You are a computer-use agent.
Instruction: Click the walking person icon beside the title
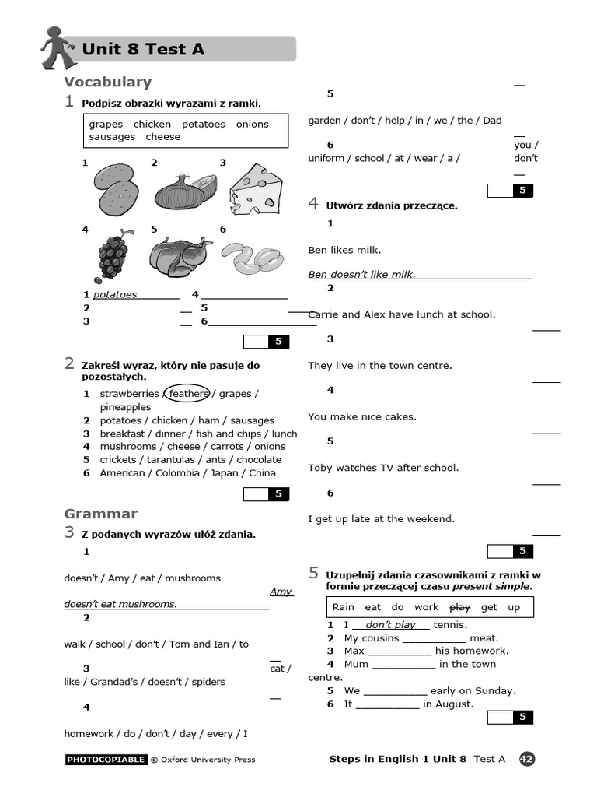[x=57, y=47]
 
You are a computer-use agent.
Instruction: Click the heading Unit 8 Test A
[x=143, y=49]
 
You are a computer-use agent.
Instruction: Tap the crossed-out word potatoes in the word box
[x=204, y=124]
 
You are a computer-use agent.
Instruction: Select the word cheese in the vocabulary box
[x=163, y=137]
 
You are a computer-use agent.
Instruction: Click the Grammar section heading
[x=101, y=514]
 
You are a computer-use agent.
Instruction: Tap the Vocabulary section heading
[x=107, y=82]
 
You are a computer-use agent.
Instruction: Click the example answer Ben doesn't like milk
[x=361, y=274]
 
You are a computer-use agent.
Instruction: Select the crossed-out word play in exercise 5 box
[x=460, y=607]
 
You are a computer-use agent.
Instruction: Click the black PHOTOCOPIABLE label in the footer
[x=106, y=760]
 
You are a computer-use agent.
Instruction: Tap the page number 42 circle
[x=526, y=759]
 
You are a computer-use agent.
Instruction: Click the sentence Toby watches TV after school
[x=383, y=468]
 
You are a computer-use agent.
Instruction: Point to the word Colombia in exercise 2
[x=181, y=473]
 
